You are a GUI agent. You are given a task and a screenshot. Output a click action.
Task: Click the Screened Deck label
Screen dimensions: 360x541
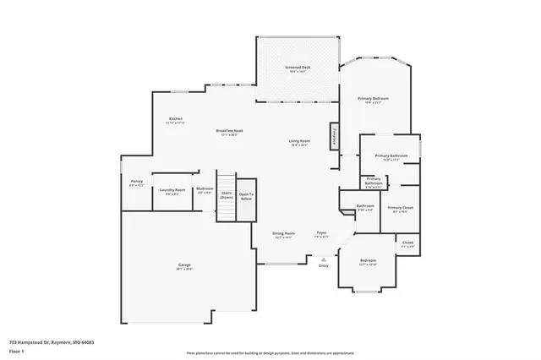pyautogui.click(x=298, y=67)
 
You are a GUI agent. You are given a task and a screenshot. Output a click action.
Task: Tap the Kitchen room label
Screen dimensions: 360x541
pyautogui.click(x=176, y=119)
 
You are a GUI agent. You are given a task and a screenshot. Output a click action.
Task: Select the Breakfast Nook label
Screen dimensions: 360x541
pyautogui.click(x=229, y=131)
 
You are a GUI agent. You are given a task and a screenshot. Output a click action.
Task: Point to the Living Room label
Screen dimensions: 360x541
pyautogui.click(x=299, y=141)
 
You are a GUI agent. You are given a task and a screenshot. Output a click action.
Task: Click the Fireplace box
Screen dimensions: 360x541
pyautogui.click(x=334, y=138)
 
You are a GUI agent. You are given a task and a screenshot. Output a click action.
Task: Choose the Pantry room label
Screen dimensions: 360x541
pyautogui.click(x=137, y=182)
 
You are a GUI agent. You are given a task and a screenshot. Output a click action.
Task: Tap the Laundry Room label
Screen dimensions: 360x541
pyautogui.click(x=172, y=191)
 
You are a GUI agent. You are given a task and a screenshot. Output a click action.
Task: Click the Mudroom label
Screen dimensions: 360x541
pyautogui.click(x=205, y=189)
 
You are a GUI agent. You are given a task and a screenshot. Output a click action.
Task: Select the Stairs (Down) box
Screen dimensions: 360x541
pyautogui.click(x=227, y=195)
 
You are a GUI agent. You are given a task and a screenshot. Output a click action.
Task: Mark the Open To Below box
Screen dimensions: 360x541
pyautogui.click(x=246, y=195)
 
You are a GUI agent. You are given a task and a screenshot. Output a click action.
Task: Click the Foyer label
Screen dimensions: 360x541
pyautogui.click(x=321, y=233)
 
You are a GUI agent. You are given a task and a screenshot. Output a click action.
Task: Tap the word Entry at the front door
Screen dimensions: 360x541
pyautogui.click(x=323, y=266)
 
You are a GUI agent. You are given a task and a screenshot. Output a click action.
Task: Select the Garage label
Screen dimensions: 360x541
pyautogui.click(x=183, y=266)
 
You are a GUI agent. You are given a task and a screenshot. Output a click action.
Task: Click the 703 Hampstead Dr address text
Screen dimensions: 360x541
pyautogui.click(x=51, y=342)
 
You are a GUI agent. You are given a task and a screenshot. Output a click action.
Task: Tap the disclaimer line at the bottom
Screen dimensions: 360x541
pyautogui.click(x=270, y=352)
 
